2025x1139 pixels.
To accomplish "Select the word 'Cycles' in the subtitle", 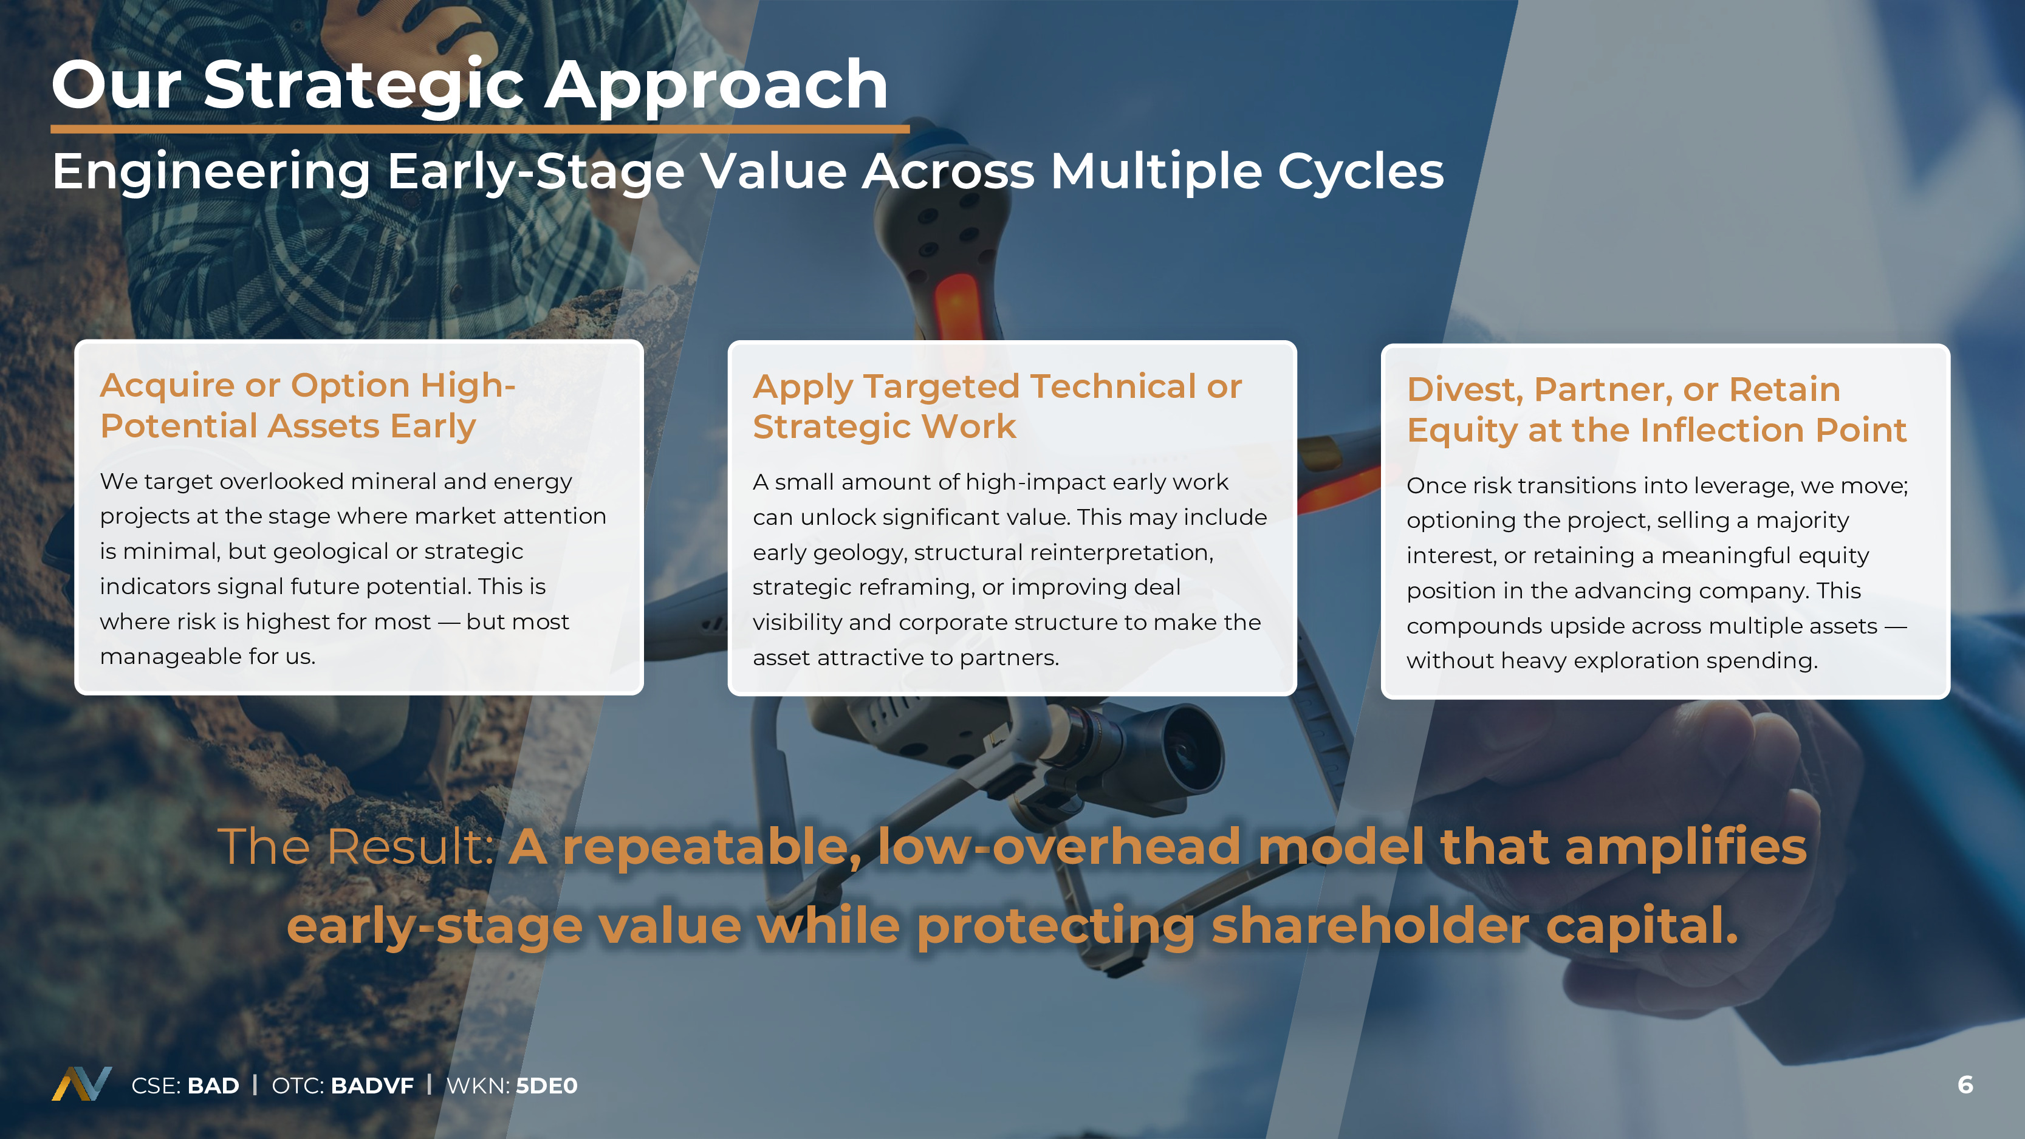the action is [1361, 172].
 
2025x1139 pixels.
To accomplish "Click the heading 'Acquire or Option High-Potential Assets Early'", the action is [308, 406].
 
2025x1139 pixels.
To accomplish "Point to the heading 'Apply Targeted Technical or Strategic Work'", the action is [998, 406].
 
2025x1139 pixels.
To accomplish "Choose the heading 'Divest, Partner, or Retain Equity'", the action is [1657, 409].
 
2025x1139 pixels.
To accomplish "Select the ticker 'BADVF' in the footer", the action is [372, 1086].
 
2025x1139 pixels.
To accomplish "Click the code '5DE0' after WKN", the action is [546, 1086].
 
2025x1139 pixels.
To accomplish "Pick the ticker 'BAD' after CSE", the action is [213, 1086].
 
